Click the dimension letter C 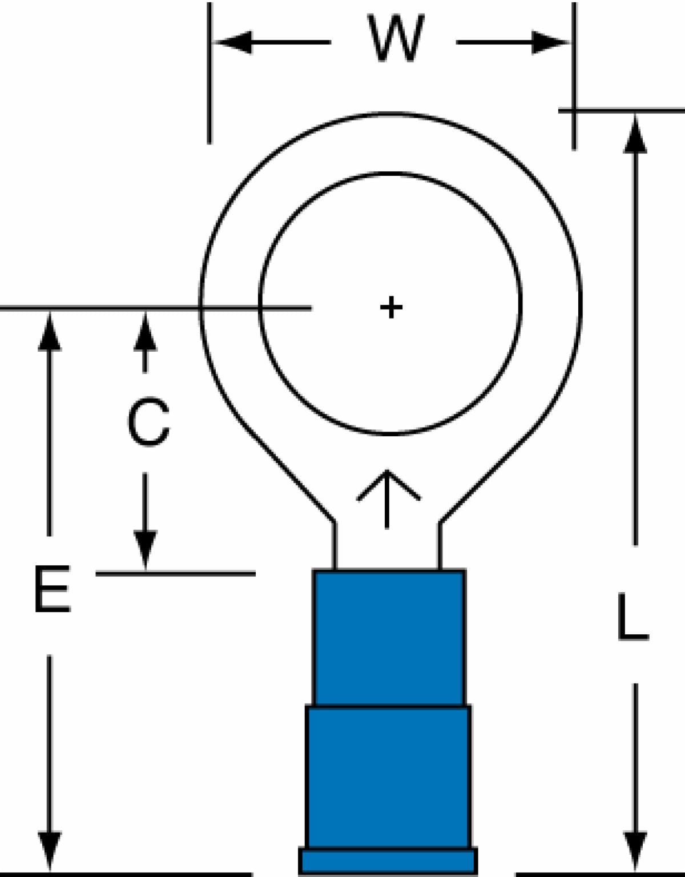click(x=148, y=422)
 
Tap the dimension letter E click(x=52, y=589)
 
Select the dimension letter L click(x=632, y=617)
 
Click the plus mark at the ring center click(x=391, y=307)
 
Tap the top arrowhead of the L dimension click(x=635, y=134)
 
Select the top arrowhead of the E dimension click(x=50, y=331)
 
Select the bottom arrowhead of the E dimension click(x=50, y=854)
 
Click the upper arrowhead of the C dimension click(x=146, y=331)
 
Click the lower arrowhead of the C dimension click(x=146, y=549)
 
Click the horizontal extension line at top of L click(x=622, y=109)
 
